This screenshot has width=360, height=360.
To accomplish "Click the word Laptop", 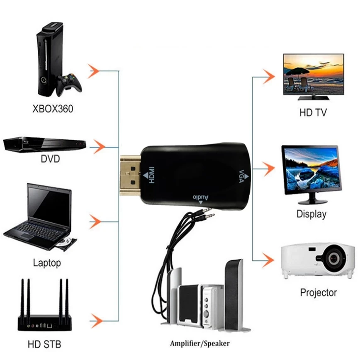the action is coord(46,263).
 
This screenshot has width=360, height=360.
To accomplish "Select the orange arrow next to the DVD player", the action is coord(97,146).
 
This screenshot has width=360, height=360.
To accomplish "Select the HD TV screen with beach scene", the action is coord(314,75).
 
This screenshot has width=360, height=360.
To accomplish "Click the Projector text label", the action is coord(319,292).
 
